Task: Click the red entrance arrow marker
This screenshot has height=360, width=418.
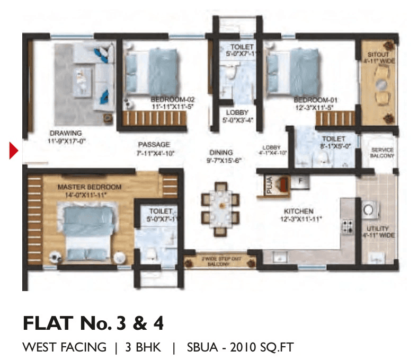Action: tap(14, 150)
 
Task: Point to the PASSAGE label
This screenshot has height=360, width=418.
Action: tap(154, 144)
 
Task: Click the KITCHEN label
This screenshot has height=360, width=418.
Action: tap(298, 210)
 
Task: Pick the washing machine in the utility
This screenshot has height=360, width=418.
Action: tap(368, 210)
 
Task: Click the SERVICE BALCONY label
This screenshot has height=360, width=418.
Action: tap(382, 153)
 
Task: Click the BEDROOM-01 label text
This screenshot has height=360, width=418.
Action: tap(316, 99)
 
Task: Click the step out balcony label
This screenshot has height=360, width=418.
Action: tap(220, 261)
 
